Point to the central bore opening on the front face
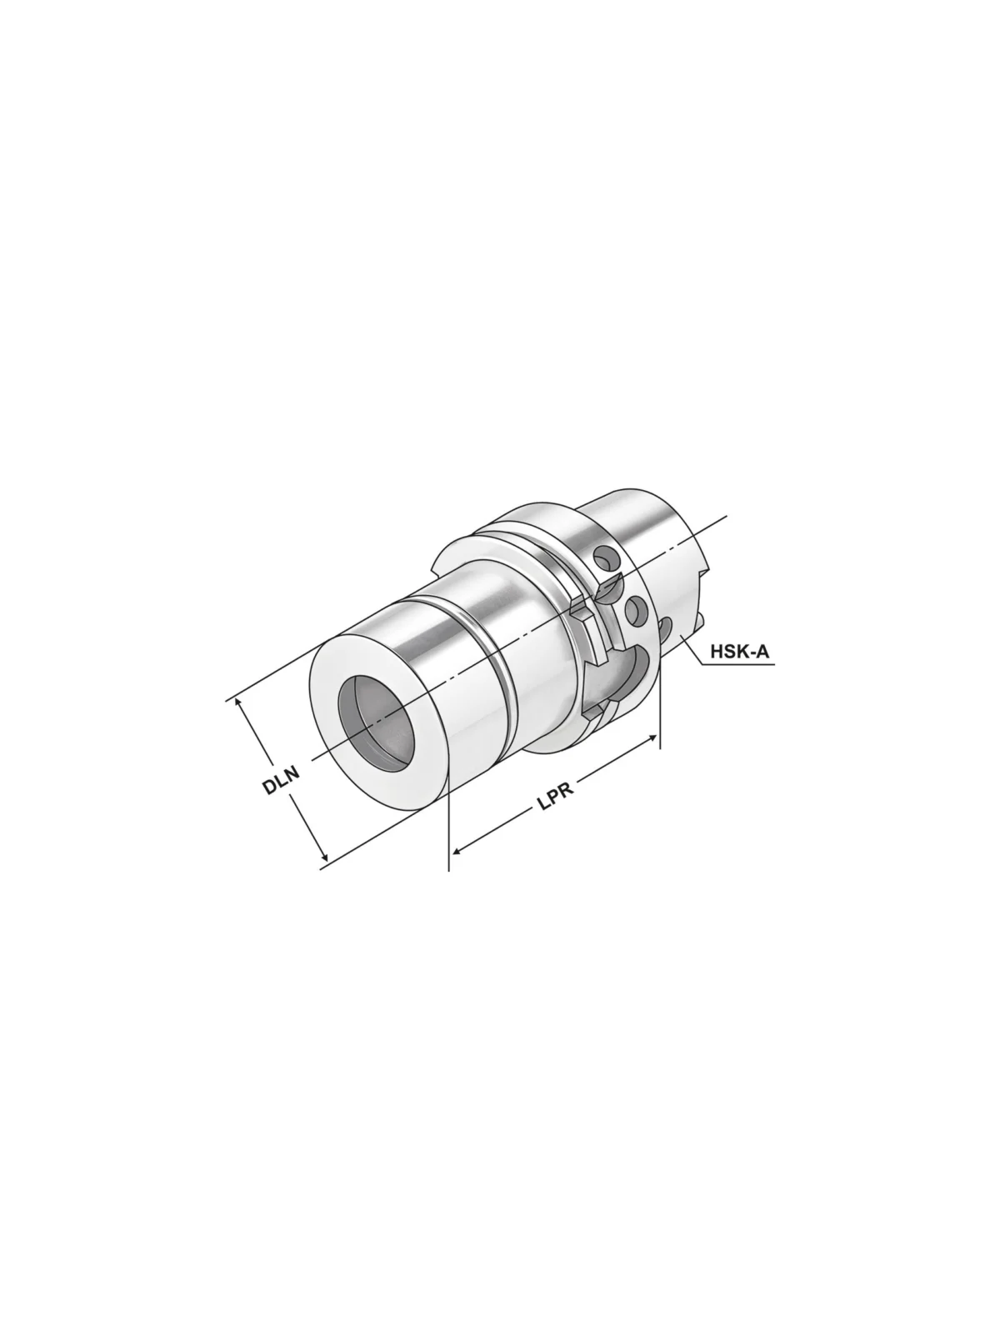(376, 714)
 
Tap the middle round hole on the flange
(637, 610)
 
